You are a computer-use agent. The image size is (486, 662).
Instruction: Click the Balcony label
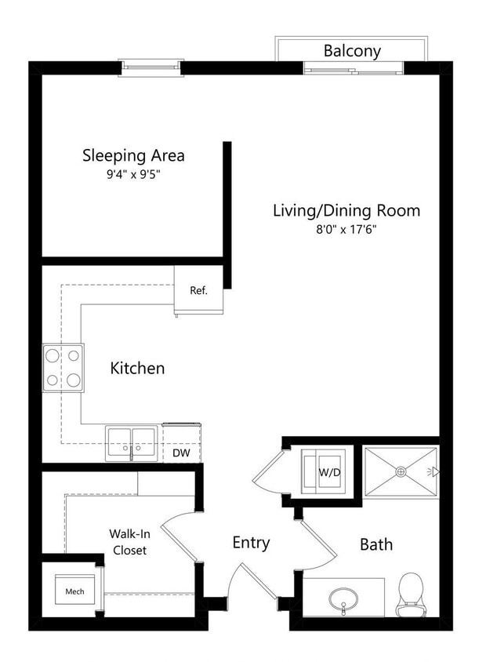(352, 51)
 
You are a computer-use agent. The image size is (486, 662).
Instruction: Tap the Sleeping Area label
(133, 155)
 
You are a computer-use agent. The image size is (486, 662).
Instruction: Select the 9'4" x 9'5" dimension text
(133, 175)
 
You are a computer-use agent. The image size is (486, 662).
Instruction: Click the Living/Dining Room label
(346, 210)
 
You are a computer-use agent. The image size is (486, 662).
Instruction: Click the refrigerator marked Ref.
(198, 290)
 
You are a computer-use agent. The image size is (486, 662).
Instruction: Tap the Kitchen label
(137, 367)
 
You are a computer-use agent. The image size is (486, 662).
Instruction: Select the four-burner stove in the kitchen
(63, 368)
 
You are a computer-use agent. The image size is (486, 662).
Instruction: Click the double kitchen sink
(131, 444)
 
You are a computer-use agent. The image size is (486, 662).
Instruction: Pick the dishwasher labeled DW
(180, 453)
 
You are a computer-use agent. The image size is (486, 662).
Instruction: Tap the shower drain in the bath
(401, 471)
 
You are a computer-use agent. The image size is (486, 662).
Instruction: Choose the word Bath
(376, 544)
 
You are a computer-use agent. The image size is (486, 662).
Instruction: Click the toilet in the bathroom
(411, 594)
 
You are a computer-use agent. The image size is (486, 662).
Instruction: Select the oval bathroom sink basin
(344, 600)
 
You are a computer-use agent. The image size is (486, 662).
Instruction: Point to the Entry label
(251, 542)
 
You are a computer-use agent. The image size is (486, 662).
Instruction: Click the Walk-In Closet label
(127, 541)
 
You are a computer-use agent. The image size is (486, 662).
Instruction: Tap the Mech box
(74, 591)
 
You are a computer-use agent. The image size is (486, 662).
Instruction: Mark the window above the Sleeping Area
(151, 67)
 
